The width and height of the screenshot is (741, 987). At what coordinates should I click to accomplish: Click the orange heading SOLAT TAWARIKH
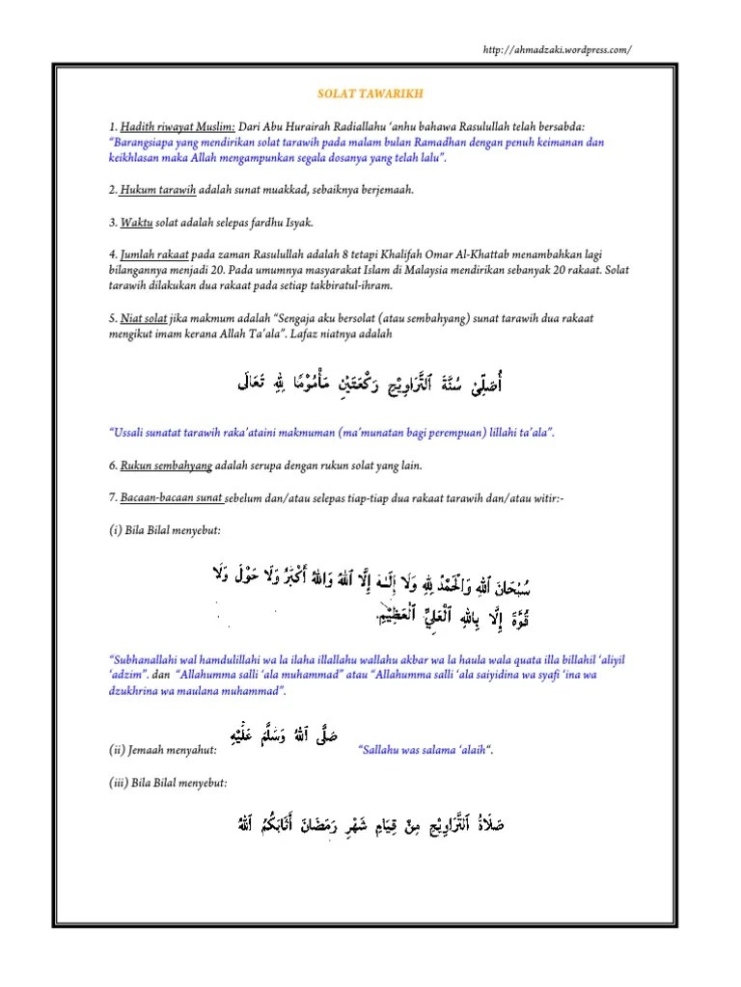[x=370, y=95]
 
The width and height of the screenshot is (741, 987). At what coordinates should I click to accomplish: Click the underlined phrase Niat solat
[x=147, y=316]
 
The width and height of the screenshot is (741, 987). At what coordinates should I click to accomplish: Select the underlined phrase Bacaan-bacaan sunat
[x=172, y=497]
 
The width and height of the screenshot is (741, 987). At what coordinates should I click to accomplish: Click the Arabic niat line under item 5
[x=370, y=386]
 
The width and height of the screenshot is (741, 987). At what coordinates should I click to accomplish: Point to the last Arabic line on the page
[x=368, y=826]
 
